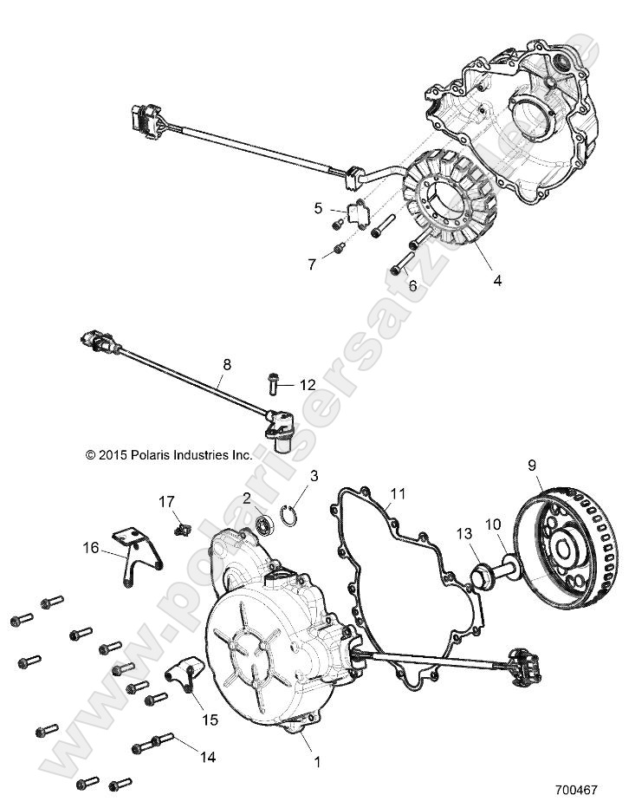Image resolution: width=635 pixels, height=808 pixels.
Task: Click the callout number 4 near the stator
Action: [497, 280]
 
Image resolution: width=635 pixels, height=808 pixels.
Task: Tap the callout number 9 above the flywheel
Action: [532, 464]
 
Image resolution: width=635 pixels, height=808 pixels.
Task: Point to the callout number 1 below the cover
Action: [317, 762]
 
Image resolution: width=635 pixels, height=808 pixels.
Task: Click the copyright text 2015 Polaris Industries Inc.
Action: [168, 454]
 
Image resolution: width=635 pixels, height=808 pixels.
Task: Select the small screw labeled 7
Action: [338, 251]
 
